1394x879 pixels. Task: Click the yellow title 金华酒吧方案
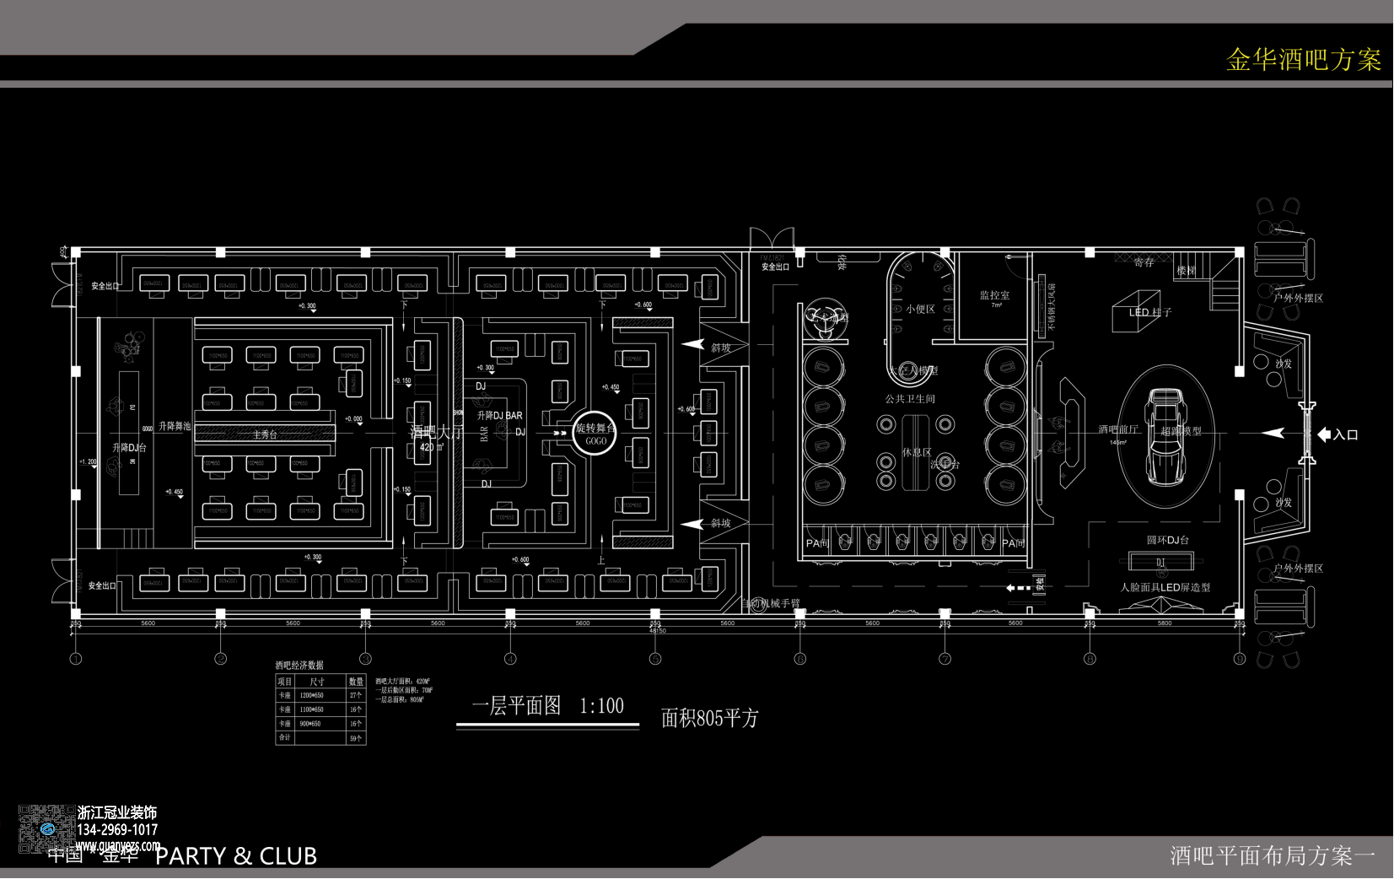[1303, 60]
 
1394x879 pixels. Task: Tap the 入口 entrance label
[1346, 435]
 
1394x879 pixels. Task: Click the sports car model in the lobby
[1165, 434]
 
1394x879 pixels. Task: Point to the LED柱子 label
[1150, 312]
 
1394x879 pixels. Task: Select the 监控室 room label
[994, 295]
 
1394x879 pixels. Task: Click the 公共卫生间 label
[909, 399]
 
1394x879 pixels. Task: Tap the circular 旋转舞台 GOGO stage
[595, 434]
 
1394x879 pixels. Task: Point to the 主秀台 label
[265, 434]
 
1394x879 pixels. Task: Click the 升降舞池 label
[175, 426]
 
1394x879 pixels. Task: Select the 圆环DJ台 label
[1167, 540]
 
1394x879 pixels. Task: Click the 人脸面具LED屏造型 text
[1165, 587]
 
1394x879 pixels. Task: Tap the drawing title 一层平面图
[516, 706]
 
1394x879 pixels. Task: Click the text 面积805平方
[710, 718]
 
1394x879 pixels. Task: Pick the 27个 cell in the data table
[356, 695]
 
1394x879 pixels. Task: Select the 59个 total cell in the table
[356, 738]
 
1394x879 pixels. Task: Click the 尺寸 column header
[317, 682]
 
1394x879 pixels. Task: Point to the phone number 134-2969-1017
[117, 829]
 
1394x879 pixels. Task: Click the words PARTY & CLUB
[236, 856]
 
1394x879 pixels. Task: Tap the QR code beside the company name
[45, 829]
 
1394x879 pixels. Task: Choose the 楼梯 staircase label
[1186, 271]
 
